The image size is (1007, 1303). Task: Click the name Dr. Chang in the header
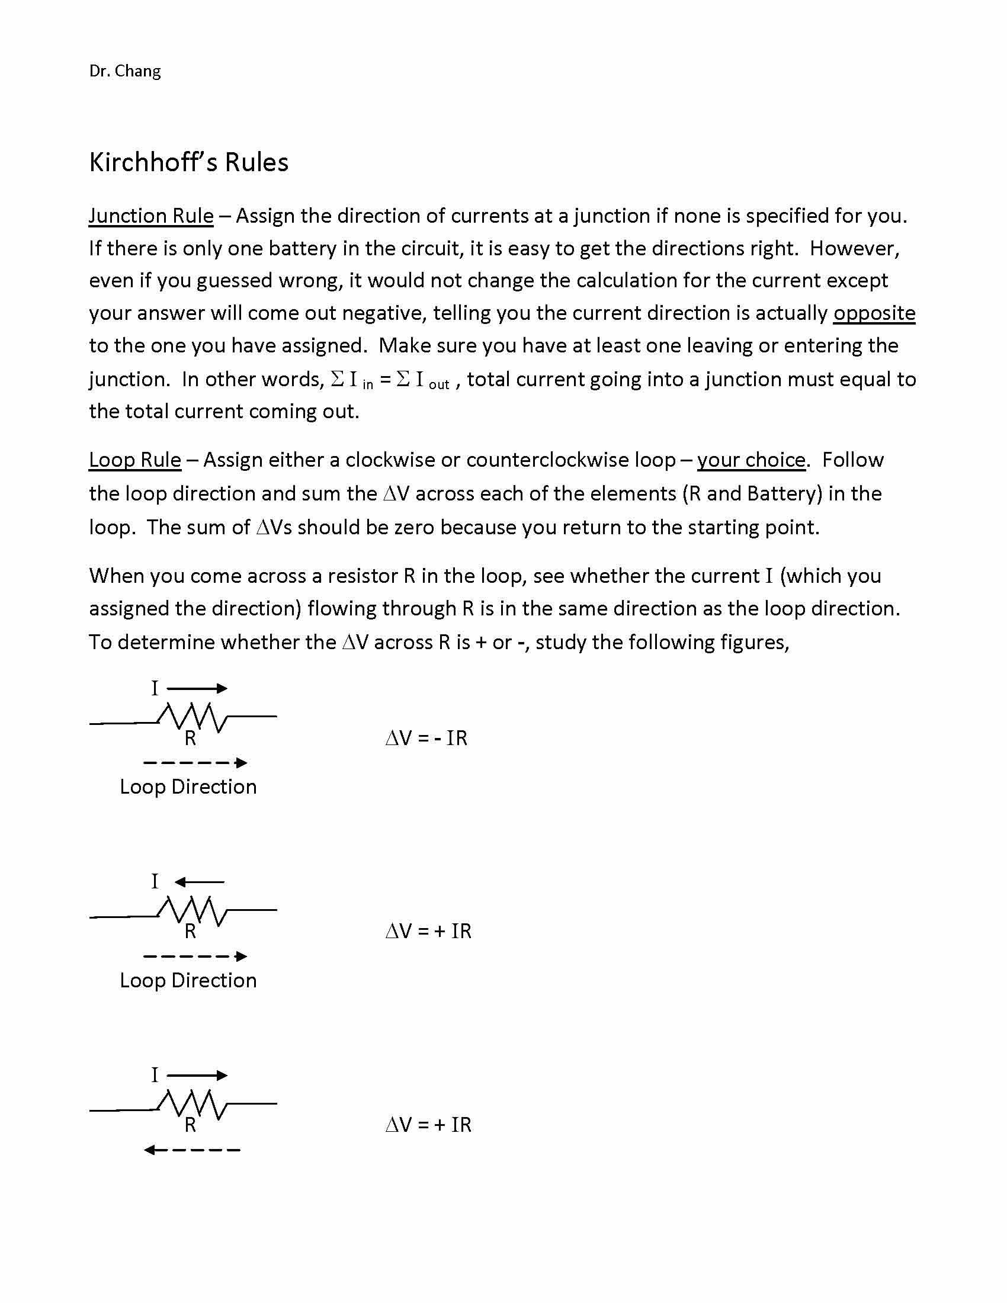coord(124,71)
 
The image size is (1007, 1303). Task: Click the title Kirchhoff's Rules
coord(188,162)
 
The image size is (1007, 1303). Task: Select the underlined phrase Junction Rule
coord(151,216)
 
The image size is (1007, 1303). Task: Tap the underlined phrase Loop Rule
coord(135,460)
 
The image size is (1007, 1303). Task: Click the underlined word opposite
coord(874,313)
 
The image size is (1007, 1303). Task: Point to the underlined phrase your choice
coord(751,460)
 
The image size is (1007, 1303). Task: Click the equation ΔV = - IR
coord(426,739)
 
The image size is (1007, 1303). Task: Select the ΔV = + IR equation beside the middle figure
coord(428,931)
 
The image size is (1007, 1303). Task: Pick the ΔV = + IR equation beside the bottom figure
coord(428,1125)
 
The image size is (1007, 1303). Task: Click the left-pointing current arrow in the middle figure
coord(199,882)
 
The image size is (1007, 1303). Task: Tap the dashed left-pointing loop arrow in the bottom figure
coord(191,1150)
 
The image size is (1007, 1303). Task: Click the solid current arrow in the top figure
coord(197,688)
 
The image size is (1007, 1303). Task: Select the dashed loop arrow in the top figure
coord(195,763)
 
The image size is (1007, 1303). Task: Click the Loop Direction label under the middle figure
coord(188,980)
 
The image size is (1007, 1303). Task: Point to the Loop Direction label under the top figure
coord(188,787)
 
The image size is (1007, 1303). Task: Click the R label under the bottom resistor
coord(190,1125)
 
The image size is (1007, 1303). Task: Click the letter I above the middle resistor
coord(155,882)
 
